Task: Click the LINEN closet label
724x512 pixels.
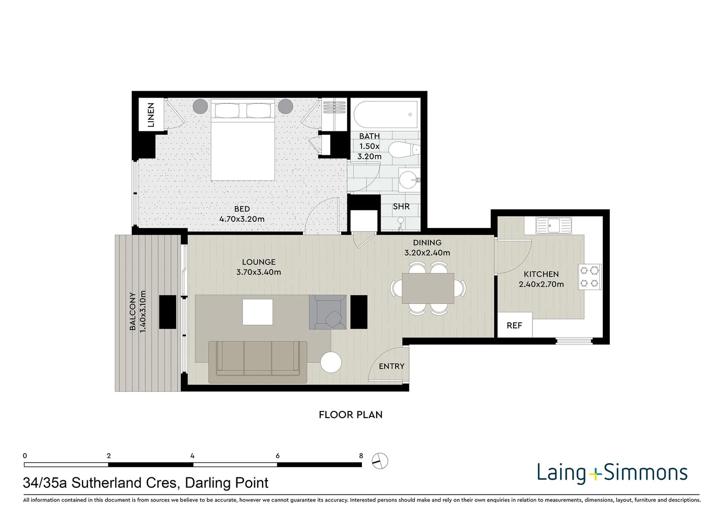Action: click(151, 115)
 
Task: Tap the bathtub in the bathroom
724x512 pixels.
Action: click(386, 114)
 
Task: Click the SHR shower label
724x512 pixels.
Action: click(401, 207)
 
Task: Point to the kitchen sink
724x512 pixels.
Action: click(553, 225)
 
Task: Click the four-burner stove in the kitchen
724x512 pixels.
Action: click(589, 277)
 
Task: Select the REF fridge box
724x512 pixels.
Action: click(514, 325)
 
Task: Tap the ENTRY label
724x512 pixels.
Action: click(391, 366)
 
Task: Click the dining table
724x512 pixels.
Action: click(428, 288)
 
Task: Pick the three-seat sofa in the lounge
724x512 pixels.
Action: click(258, 362)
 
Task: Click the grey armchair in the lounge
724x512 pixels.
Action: click(327, 312)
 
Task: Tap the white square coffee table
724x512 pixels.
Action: click(258, 312)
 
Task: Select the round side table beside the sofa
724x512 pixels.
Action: click(331, 363)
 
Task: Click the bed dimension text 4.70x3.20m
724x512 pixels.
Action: click(242, 219)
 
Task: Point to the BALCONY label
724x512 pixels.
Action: click(133, 311)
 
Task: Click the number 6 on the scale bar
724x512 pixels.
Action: click(277, 456)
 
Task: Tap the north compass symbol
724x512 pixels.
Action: click(380, 460)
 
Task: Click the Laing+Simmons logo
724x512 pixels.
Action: click(612, 473)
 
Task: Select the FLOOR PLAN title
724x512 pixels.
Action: click(350, 415)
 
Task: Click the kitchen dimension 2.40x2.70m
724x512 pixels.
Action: click(541, 284)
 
